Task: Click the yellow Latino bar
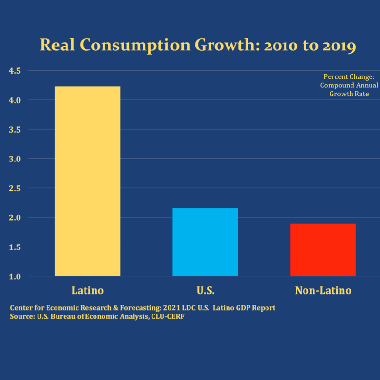[x=87, y=181]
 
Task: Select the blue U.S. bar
[x=205, y=242]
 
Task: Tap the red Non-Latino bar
[x=323, y=250]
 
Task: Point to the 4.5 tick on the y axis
[x=15, y=71]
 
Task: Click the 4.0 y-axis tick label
[x=15, y=100]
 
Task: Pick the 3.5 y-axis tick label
[x=15, y=130]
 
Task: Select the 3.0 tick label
[x=15, y=159]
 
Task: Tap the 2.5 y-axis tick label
[x=15, y=188]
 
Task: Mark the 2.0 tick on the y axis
[x=15, y=218]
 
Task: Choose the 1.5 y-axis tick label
[x=15, y=247]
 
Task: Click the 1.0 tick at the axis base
[x=15, y=276]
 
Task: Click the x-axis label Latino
[x=87, y=290]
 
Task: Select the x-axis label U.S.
[x=206, y=290]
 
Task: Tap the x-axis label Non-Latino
[x=323, y=290]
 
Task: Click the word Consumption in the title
[x=135, y=46]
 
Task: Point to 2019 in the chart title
[x=339, y=46]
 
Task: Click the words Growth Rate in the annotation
[x=349, y=94]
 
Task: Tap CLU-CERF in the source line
[x=168, y=316]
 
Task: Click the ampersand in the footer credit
[x=115, y=308]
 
